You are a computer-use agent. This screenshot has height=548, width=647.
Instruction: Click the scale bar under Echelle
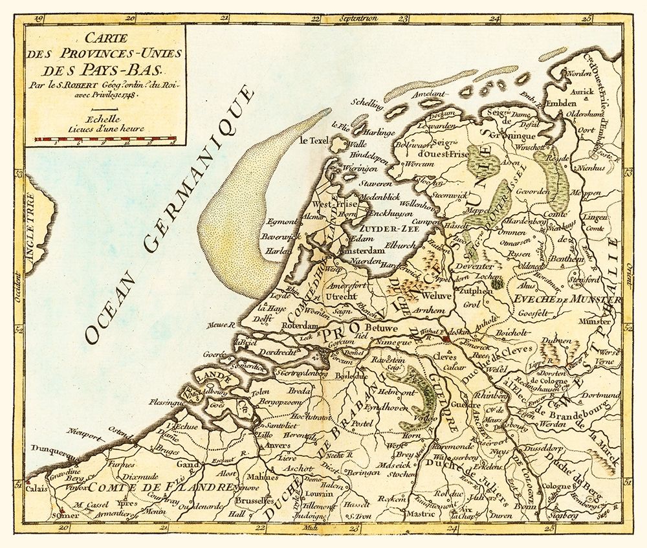[x=106, y=139]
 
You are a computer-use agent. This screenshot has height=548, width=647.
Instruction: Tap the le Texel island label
[x=314, y=140]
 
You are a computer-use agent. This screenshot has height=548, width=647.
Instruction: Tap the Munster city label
[x=596, y=321]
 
